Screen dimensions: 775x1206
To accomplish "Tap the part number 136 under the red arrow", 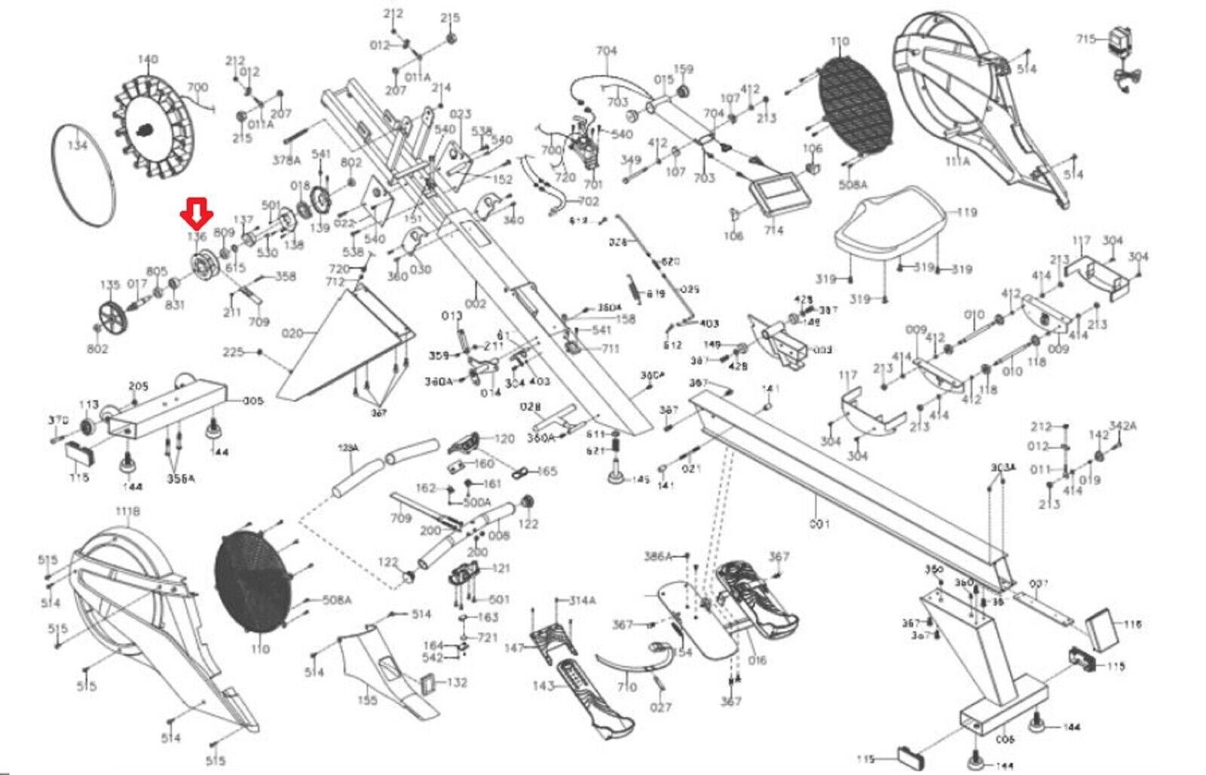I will click(197, 237).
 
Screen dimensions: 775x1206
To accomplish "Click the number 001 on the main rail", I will click(819, 523).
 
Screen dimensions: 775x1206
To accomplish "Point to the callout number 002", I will click(476, 303).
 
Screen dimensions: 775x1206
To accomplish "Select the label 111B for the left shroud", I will click(127, 512).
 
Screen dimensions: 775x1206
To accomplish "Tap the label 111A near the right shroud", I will click(957, 161).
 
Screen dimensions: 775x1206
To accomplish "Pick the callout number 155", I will click(367, 700).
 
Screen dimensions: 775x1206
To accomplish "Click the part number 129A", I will click(347, 448).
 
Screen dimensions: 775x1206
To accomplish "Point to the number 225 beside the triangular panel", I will click(233, 352).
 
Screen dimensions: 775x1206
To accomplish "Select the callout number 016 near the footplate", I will click(757, 660).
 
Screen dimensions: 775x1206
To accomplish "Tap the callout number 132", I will click(457, 682).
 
